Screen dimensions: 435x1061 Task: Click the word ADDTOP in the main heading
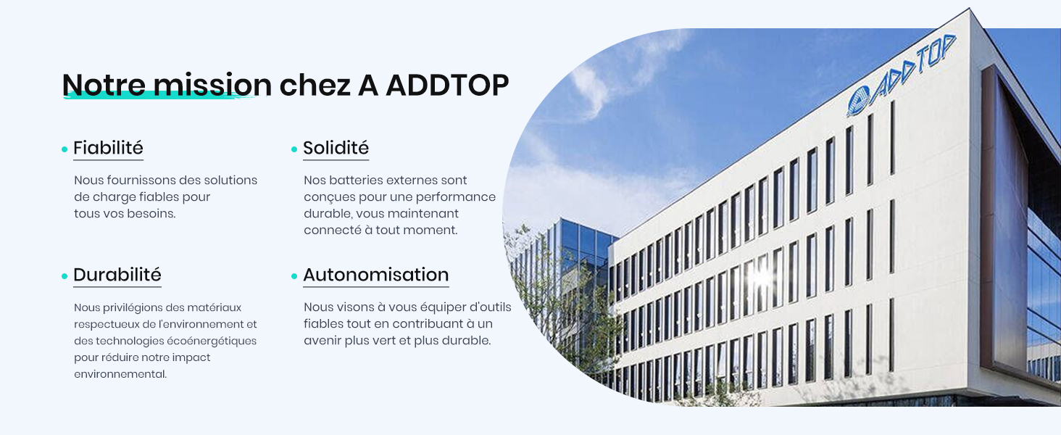[x=447, y=86]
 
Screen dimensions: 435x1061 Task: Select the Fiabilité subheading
[x=108, y=148]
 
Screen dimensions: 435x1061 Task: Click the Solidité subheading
[x=336, y=148]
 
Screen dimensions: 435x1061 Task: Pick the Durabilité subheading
[x=117, y=275]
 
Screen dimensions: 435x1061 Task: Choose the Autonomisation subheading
[x=375, y=275]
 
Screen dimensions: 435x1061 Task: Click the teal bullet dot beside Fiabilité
[x=65, y=149]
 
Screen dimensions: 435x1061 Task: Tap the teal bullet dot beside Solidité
[x=294, y=149]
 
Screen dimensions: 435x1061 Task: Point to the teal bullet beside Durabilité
[x=65, y=276]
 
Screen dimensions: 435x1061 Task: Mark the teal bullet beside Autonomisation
[x=294, y=276]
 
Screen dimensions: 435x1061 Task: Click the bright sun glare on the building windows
[x=762, y=275]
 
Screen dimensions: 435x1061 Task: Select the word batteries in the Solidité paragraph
[x=355, y=181]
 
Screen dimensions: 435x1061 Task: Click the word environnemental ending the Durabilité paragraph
[x=120, y=374]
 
